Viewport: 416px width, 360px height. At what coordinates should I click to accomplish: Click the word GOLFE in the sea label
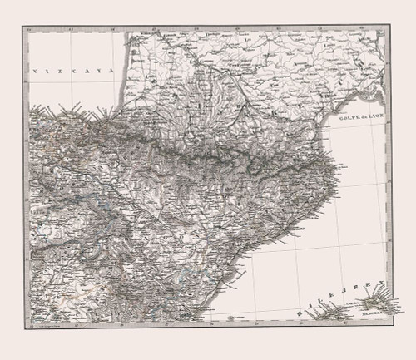pyautogui.click(x=344, y=121)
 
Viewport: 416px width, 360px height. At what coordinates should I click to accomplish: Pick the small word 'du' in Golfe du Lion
pyautogui.click(x=358, y=121)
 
